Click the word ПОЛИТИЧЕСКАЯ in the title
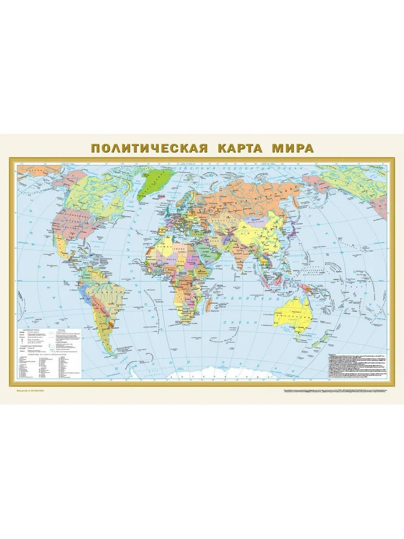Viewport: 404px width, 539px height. point(149,149)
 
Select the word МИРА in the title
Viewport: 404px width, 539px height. point(292,149)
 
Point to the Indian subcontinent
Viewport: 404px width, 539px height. point(238,256)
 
